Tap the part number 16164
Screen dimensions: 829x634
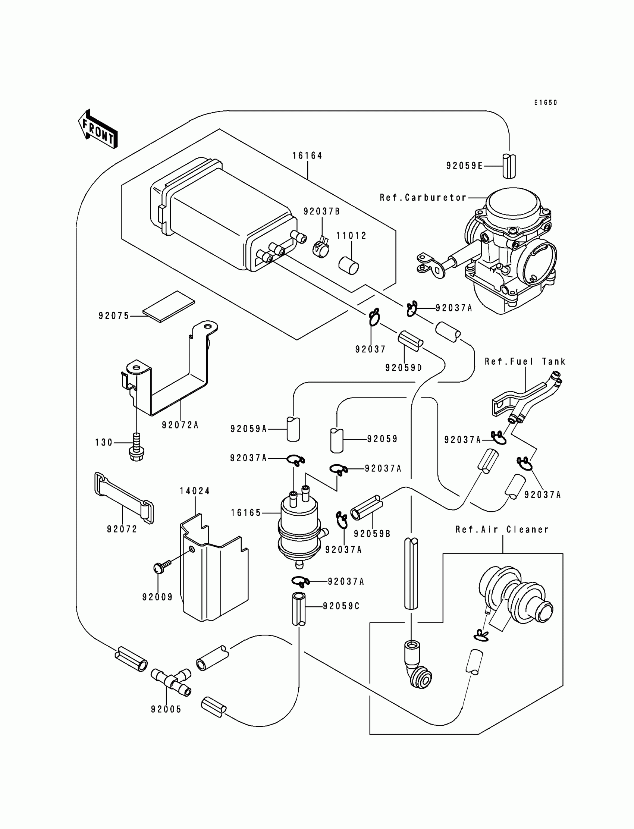[307, 156]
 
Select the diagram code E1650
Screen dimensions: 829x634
[545, 103]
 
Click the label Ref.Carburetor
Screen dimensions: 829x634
[423, 198]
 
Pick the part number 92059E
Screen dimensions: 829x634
[464, 166]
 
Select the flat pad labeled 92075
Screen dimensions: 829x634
[169, 307]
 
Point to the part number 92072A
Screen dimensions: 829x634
[180, 425]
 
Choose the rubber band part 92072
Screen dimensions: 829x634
[124, 498]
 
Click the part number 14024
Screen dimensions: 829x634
[195, 491]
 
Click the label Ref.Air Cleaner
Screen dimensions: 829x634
[502, 530]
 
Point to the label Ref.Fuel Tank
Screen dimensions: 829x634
[525, 361]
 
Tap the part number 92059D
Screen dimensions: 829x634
[404, 368]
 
